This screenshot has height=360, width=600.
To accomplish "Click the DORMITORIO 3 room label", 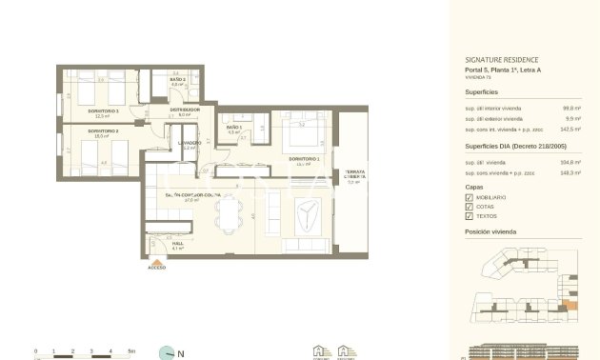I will pos(103,110).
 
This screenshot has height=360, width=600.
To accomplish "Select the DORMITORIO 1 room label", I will pos(302,158).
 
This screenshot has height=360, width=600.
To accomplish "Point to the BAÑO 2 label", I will pos(177,79).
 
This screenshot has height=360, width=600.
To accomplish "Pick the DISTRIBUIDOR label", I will pos(184,110).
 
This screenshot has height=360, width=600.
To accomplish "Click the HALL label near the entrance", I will pos(177,243).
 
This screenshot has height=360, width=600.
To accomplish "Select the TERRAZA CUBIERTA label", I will pos(355,174).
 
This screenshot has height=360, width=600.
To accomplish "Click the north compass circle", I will pos(169,351).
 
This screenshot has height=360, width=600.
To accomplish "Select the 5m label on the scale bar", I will pos(131,351).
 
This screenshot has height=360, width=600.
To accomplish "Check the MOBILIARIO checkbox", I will pos(470,197).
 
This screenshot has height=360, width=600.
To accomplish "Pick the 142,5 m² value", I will pos(571,128).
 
